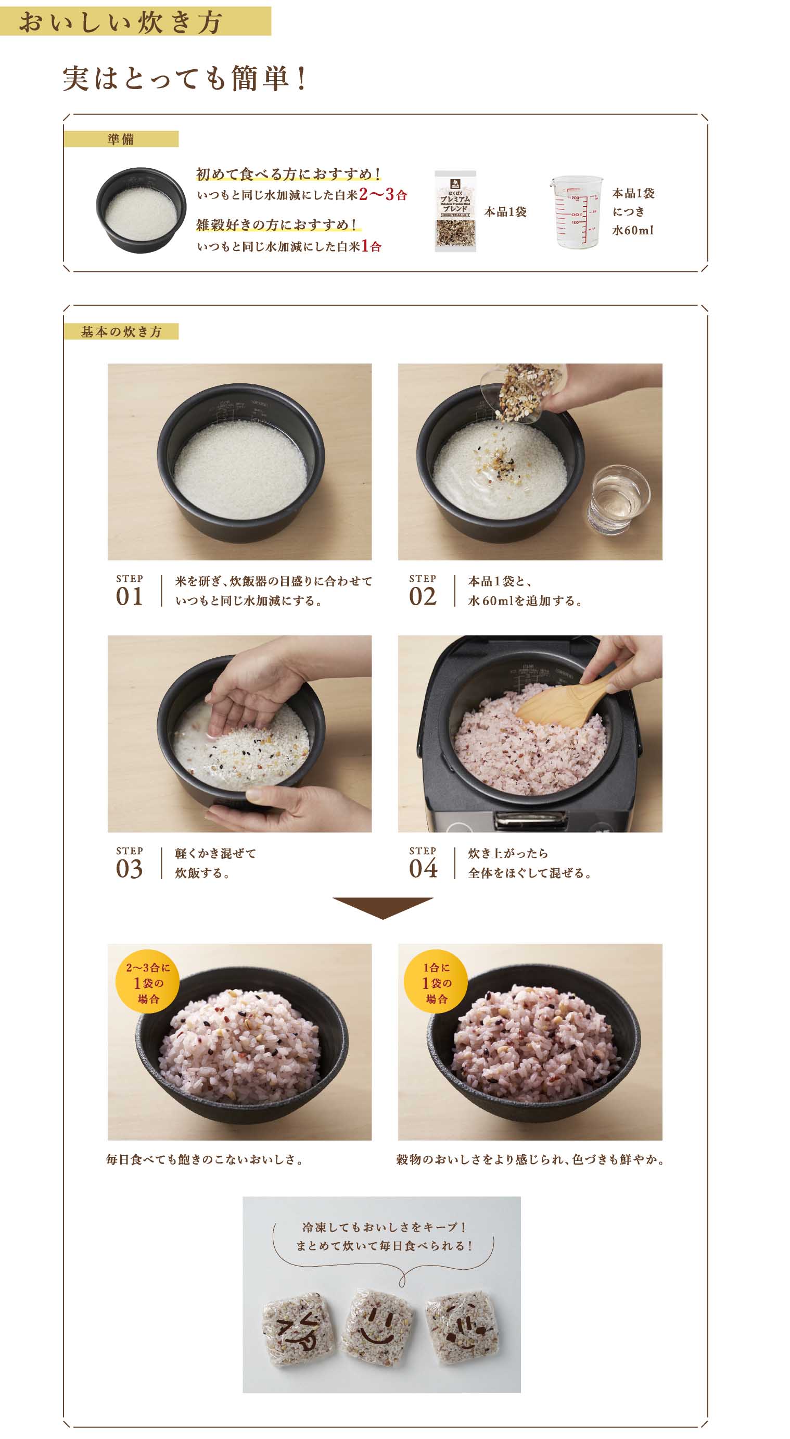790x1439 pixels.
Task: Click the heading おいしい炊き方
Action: [x=121, y=22]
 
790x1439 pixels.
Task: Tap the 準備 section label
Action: [x=121, y=139]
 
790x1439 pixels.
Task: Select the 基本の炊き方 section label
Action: [x=121, y=332]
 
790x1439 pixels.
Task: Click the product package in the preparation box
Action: [x=455, y=211]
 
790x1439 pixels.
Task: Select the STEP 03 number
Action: [x=130, y=869]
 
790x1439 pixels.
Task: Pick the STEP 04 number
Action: [x=423, y=869]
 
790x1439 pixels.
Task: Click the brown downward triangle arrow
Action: [x=383, y=908]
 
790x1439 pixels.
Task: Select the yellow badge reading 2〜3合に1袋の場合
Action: [x=147, y=983]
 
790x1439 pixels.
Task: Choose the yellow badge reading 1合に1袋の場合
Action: [x=437, y=983]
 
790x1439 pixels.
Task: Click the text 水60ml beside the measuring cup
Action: [x=632, y=230]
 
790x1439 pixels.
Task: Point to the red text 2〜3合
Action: [x=383, y=194]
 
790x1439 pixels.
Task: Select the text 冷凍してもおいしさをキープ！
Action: [x=384, y=1227]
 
